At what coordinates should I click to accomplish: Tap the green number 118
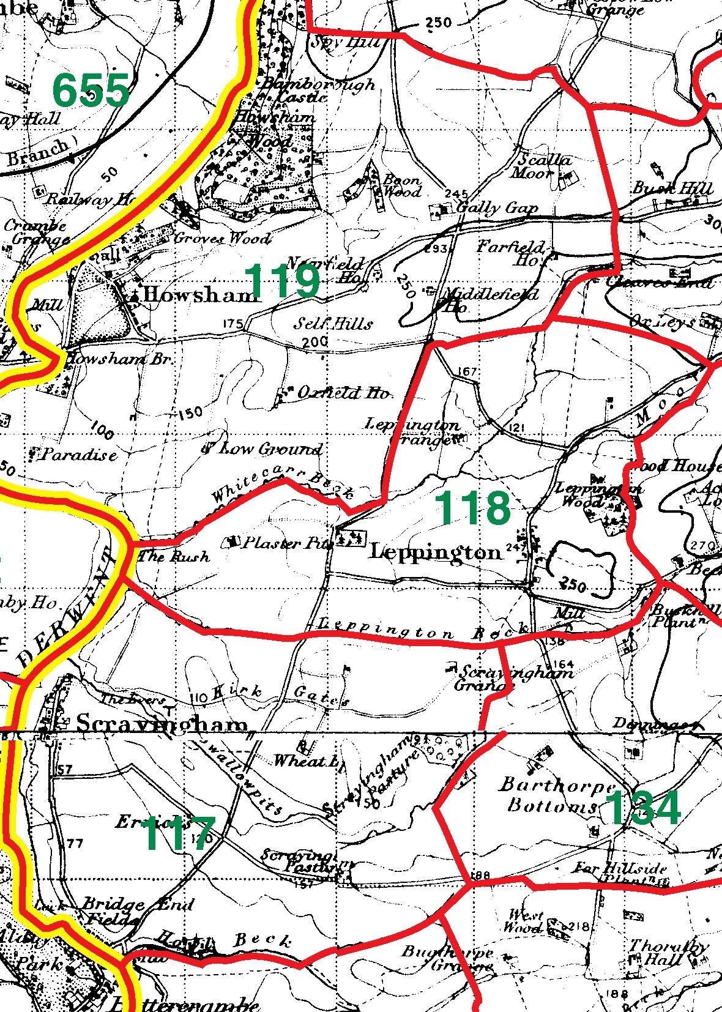[472, 508]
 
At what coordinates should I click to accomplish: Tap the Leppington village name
[435, 552]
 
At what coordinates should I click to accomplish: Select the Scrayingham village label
[163, 726]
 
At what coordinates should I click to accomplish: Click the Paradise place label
[79, 455]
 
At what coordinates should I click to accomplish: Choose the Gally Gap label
[497, 208]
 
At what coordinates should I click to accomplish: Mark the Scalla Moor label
[542, 166]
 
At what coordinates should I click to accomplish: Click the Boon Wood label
[402, 186]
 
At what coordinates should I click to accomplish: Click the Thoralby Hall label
[668, 953]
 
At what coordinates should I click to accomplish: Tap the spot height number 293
[439, 248]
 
